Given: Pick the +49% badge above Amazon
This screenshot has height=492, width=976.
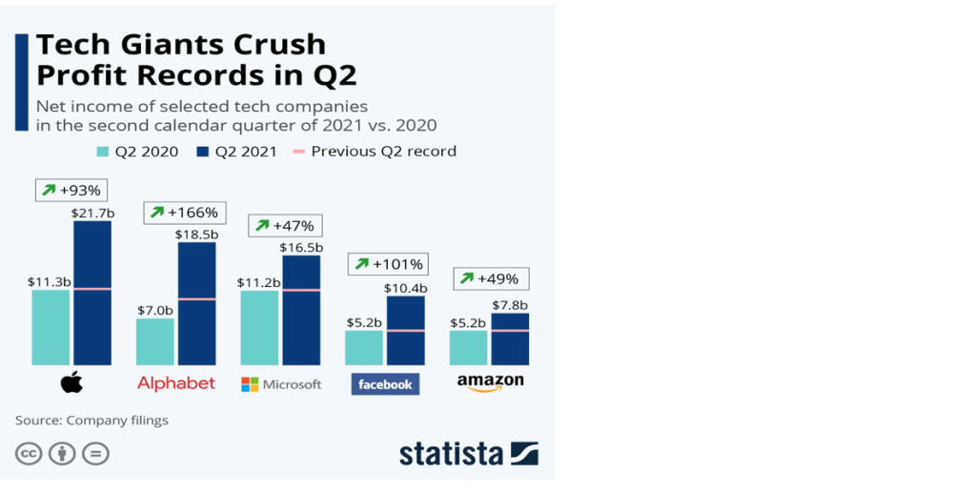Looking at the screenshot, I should [491, 278].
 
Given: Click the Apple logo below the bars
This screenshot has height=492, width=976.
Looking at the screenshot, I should [71, 383].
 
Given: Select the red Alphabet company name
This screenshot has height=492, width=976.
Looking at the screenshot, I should [176, 383].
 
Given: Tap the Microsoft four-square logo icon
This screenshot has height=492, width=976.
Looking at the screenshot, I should [250, 384].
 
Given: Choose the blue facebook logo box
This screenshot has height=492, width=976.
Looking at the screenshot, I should [385, 384].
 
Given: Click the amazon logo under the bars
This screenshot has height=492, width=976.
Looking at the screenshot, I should [490, 382].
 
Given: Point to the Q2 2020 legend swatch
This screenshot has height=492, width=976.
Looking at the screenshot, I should [103, 152].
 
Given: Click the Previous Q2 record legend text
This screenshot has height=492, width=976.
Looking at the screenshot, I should [383, 152].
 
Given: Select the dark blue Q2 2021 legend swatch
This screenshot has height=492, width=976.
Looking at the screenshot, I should [202, 152].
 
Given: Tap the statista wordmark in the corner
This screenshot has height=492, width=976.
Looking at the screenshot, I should [452, 453].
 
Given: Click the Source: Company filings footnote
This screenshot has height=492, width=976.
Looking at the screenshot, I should [91, 420].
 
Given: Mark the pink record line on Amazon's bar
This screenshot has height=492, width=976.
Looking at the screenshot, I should [511, 330].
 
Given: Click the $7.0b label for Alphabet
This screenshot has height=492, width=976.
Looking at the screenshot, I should [155, 310].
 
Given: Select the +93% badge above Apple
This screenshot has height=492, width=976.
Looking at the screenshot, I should [71, 190].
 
